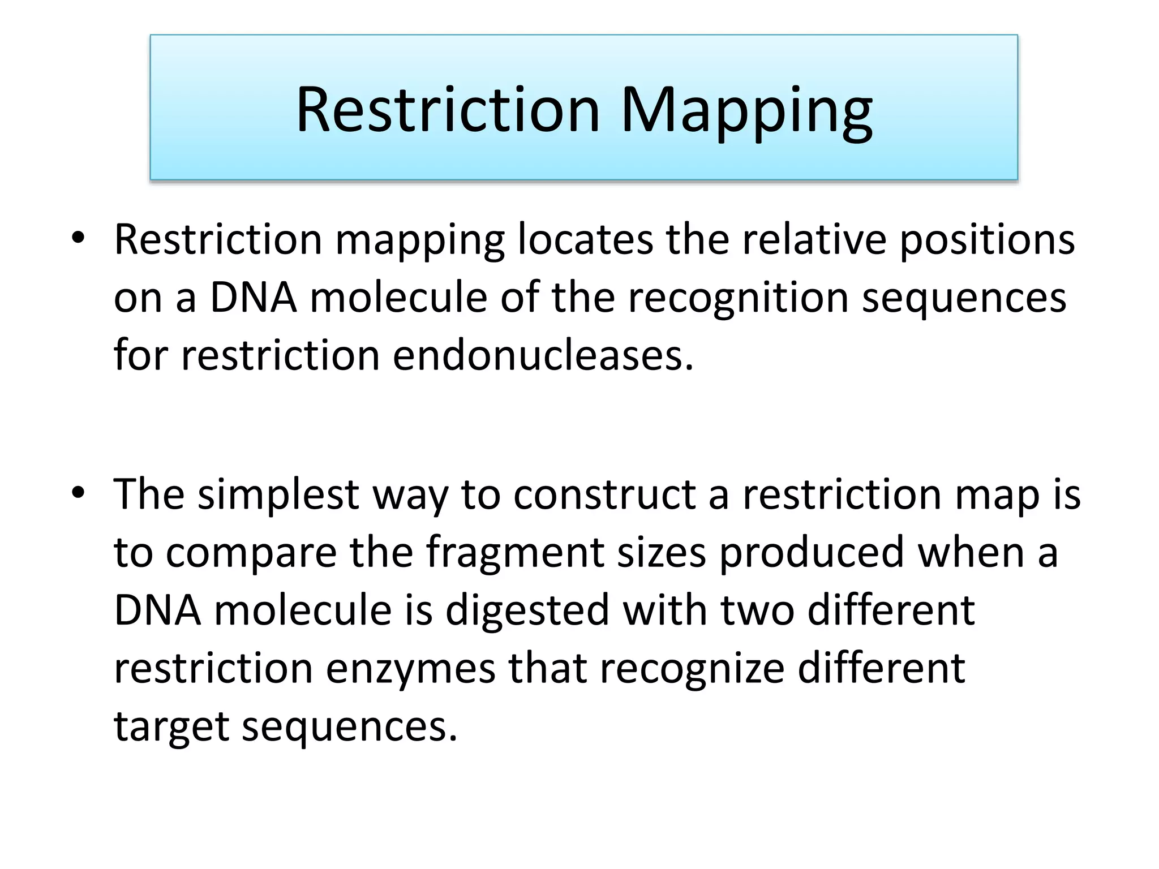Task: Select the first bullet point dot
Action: coord(78,238)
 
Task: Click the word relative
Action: coord(814,239)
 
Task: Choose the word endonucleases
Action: coord(543,356)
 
